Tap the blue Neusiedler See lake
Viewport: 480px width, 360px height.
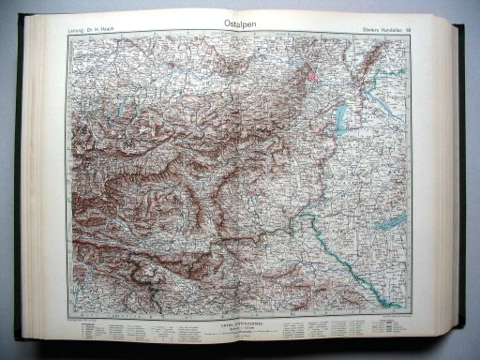pos(341,114)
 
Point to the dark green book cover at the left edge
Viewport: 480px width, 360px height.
pos(19,187)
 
